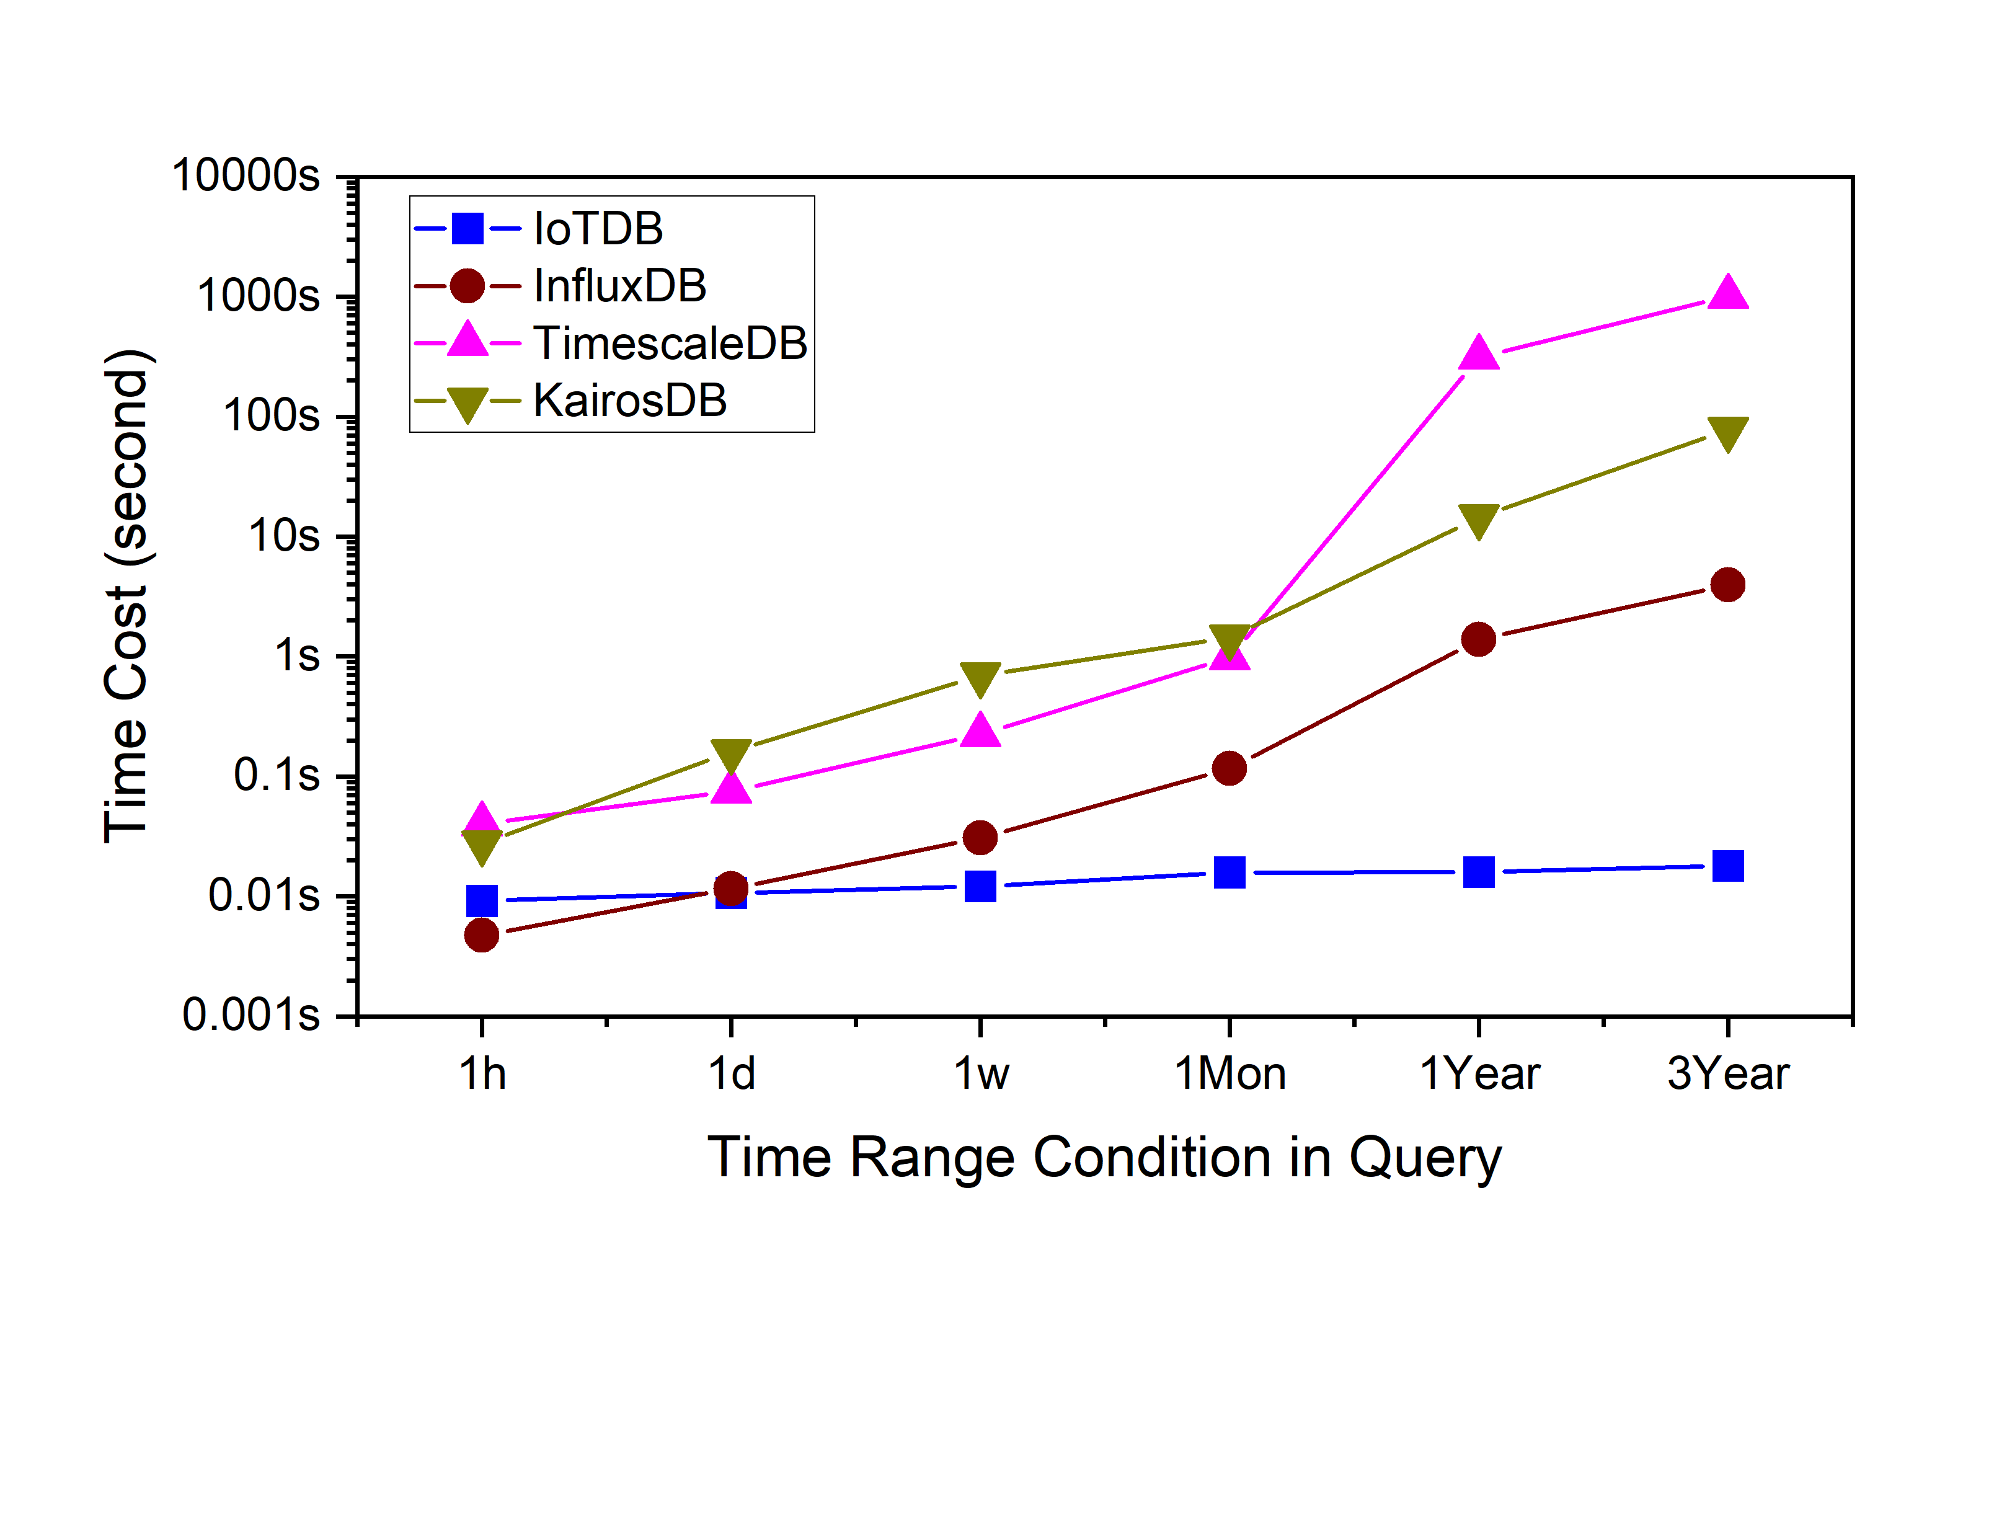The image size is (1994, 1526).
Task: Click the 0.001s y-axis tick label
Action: point(252,1014)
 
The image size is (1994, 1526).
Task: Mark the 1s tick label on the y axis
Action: point(297,655)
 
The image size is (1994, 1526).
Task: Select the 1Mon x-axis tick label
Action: point(1230,1073)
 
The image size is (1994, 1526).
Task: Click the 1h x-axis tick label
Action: point(482,1073)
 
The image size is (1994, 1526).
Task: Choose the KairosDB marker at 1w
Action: point(980,678)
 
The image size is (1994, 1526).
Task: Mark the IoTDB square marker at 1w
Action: point(980,885)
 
